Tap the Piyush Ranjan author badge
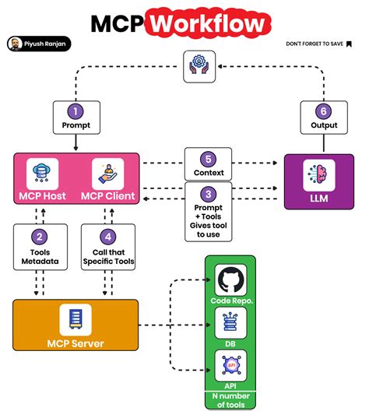tap(38, 44)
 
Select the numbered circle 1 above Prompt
tap(76, 111)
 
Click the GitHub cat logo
tap(230, 280)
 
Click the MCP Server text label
tap(76, 342)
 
